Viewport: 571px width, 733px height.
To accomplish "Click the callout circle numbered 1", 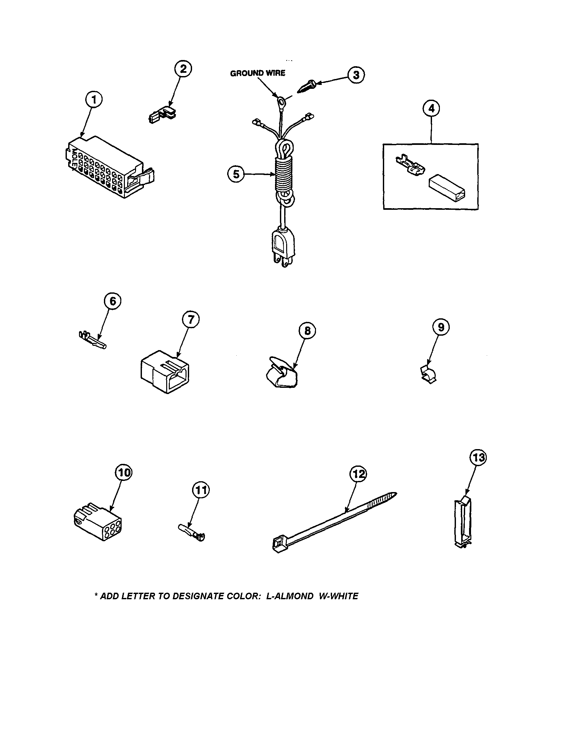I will tap(94, 100).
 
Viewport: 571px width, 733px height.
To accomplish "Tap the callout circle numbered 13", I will tap(478, 457).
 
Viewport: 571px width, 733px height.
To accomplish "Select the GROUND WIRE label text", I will tap(257, 73).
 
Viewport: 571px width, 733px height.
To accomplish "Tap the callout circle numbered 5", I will tap(237, 174).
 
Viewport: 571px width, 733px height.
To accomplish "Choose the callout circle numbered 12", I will tap(358, 474).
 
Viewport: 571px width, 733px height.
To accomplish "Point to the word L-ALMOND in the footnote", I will tap(290, 596).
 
